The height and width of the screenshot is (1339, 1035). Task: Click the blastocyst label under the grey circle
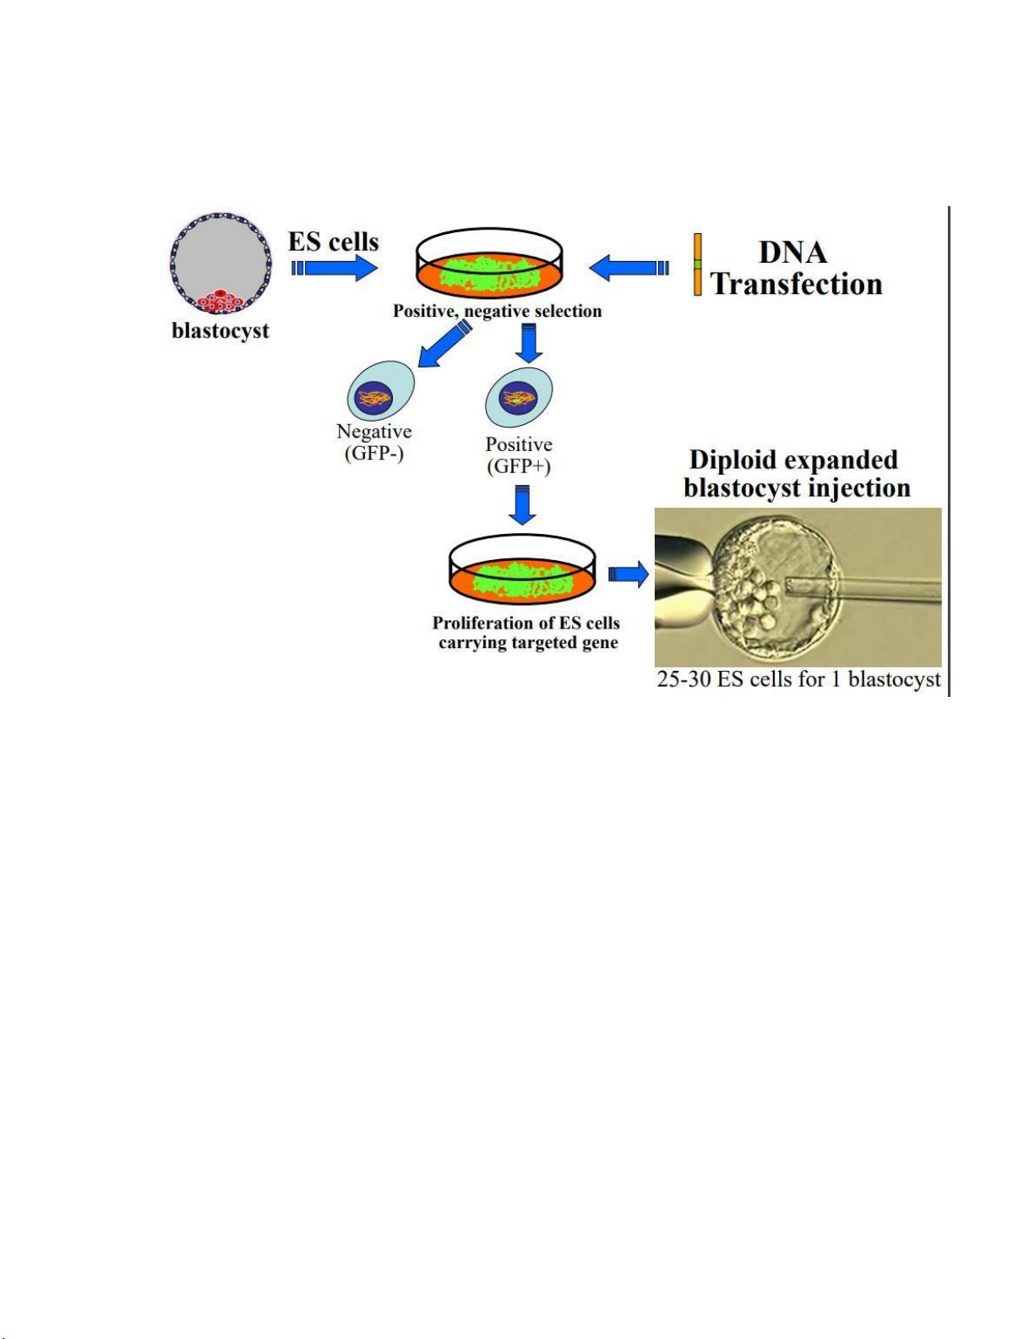coord(221,331)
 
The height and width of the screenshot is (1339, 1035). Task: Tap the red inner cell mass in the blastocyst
coord(221,301)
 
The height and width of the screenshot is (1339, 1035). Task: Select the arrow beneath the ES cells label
coord(334,268)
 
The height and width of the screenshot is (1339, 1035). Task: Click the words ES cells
coord(333,242)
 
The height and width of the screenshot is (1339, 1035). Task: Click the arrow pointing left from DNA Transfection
coord(629,268)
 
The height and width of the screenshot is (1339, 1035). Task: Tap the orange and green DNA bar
coord(697,264)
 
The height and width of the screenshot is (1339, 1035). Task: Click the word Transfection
coord(797,284)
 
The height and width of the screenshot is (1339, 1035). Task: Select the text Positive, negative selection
coord(497,311)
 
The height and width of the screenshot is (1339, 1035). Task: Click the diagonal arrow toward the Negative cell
coord(444,344)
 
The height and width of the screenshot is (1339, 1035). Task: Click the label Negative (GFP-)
coord(374,442)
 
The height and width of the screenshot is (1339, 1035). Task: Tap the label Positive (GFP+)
coord(519,455)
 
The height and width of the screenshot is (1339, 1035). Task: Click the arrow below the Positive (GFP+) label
coord(522,504)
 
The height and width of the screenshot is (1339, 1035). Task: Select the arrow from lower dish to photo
coord(629,574)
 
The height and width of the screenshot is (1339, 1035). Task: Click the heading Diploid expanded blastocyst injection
coord(798,473)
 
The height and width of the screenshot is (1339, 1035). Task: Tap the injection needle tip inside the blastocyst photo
coord(787,587)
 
